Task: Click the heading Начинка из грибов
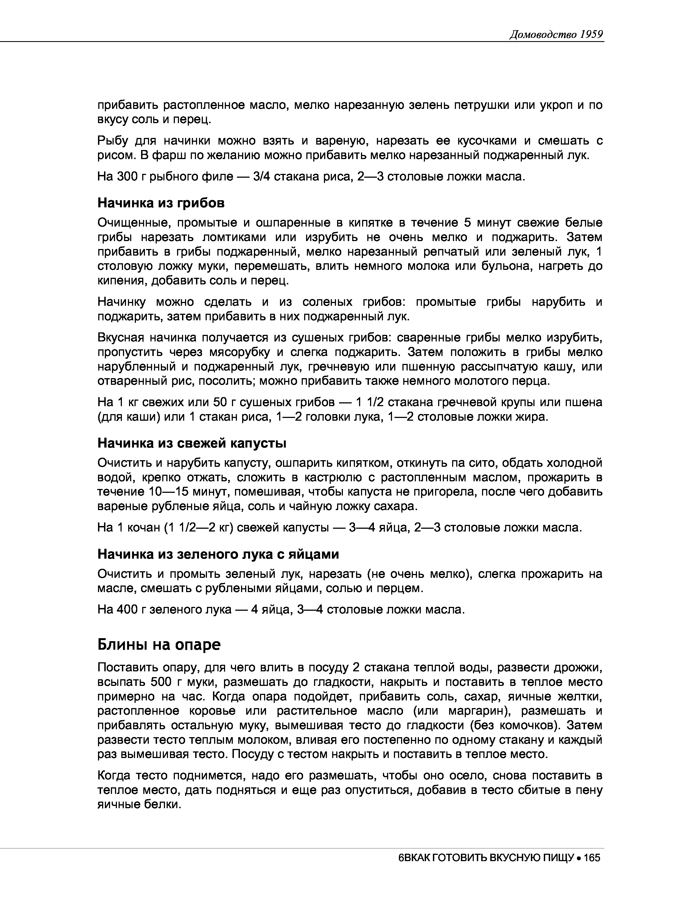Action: point(161,203)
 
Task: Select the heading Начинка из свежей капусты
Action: point(192,443)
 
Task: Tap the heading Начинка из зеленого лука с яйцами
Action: point(218,554)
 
